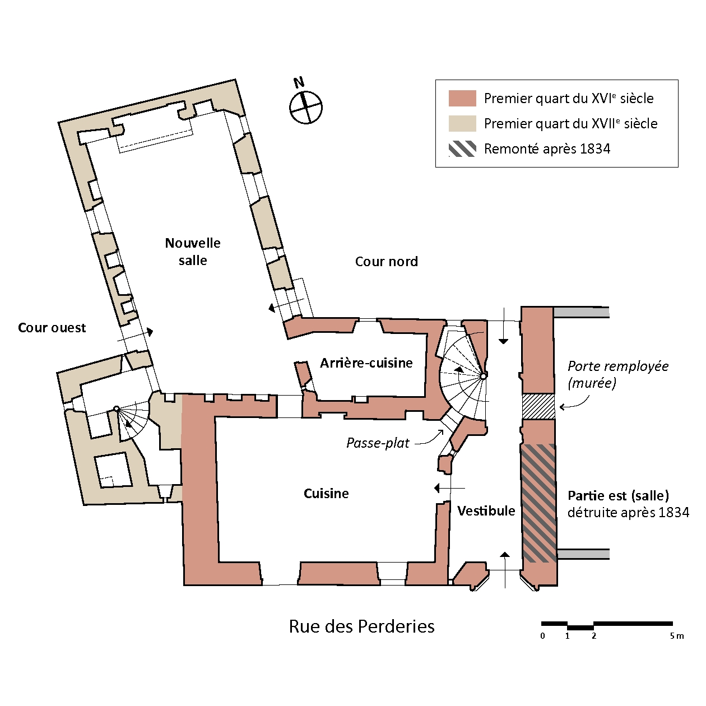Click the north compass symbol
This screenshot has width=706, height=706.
(x=306, y=106)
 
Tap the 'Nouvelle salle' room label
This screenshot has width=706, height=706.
(x=193, y=252)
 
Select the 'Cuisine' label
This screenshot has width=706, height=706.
(x=326, y=494)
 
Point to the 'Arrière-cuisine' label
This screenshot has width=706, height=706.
(x=366, y=363)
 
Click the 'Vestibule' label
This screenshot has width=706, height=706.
(x=486, y=511)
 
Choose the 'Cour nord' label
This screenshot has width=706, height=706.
(x=387, y=262)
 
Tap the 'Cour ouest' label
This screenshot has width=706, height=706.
(x=52, y=328)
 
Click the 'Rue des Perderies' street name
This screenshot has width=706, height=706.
(x=361, y=626)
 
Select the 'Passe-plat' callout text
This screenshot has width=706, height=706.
(x=378, y=443)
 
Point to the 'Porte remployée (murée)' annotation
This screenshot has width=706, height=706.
(x=618, y=374)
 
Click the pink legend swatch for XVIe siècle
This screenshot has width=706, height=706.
(x=462, y=99)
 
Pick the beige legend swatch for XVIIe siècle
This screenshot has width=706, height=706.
(x=462, y=124)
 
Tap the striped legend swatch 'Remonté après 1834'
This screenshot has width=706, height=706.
(x=462, y=149)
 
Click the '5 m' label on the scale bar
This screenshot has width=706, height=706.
(x=677, y=636)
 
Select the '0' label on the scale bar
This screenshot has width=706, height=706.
(x=542, y=636)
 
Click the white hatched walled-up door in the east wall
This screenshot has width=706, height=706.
(x=538, y=406)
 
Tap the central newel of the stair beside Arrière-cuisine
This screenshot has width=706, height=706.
(x=483, y=375)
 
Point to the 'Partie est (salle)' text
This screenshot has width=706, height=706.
(x=618, y=496)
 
